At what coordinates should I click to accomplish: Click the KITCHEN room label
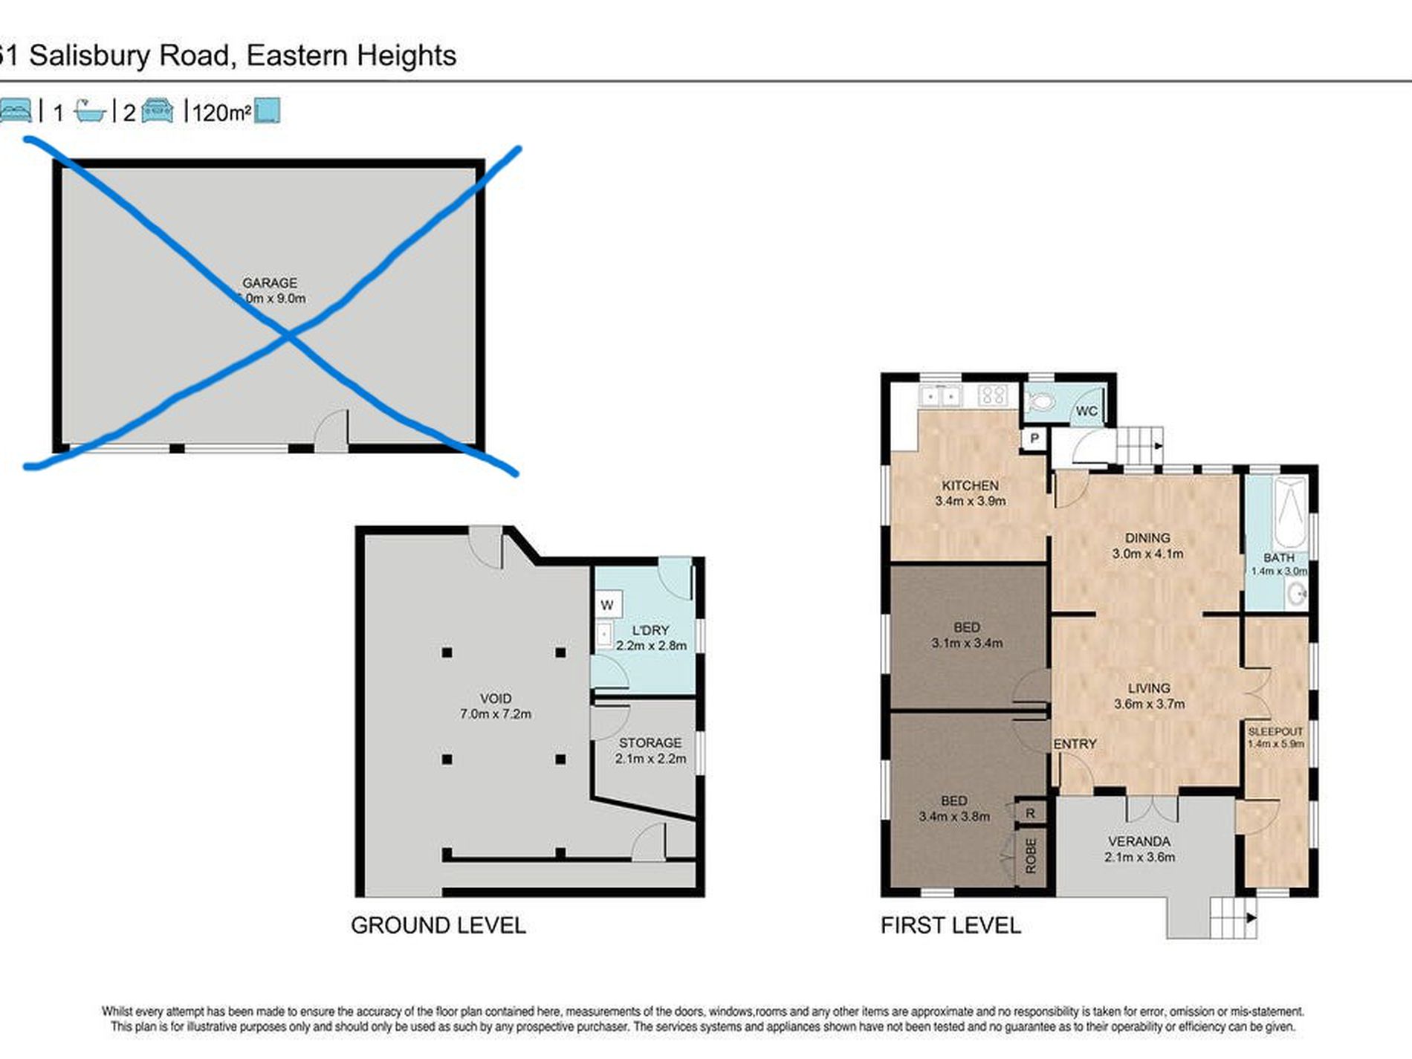970,486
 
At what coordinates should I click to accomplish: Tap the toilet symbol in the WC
1041,403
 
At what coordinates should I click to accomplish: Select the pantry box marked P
1034,438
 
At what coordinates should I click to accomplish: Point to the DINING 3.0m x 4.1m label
1147,545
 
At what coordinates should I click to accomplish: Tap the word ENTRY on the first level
1075,744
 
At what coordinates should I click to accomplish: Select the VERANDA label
1139,841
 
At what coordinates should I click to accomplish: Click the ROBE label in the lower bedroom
1031,856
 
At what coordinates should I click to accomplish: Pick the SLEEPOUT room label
1275,732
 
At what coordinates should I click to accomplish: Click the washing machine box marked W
607,605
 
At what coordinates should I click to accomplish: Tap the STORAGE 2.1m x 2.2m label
650,751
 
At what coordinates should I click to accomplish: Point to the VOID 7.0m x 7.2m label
496,706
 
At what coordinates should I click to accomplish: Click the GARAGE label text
270,283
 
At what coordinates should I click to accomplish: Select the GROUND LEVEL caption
438,925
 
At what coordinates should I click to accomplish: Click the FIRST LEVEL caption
950,925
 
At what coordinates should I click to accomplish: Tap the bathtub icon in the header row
90,111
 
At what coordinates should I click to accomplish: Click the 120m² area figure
221,113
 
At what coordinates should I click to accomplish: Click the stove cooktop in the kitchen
992,395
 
